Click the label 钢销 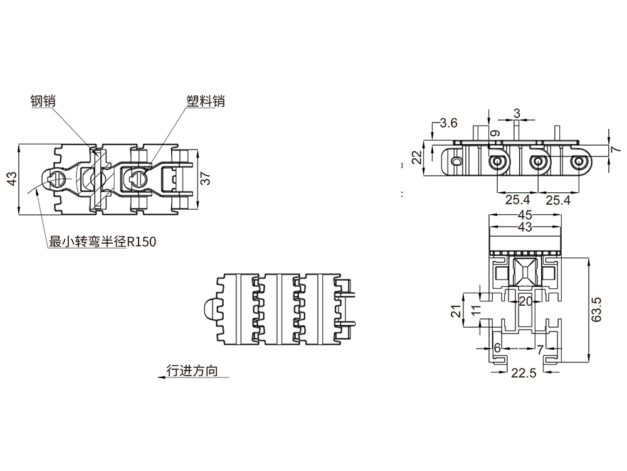(43, 100)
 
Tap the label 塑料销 (205, 100)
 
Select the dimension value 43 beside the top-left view (11, 180)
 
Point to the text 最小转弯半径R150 (102, 242)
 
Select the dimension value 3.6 (449, 123)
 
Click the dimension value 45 (525, 215)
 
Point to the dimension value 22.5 (524, 373)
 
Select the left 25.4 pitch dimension (518, 200)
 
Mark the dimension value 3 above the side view (517, 113)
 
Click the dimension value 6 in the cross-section (497, 347)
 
